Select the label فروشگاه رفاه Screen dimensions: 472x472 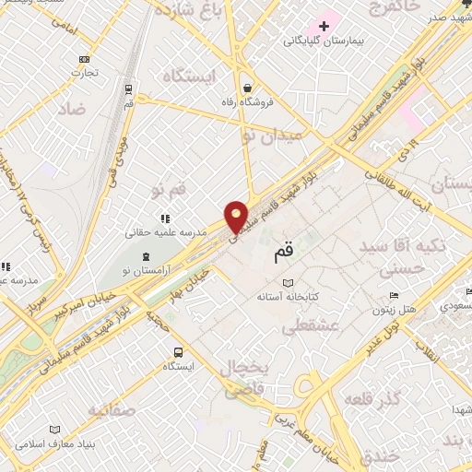248,103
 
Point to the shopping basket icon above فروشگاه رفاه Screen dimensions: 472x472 248,88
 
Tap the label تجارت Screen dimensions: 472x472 87,73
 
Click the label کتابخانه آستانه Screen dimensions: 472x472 288,298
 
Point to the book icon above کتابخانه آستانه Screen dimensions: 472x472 289,283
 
